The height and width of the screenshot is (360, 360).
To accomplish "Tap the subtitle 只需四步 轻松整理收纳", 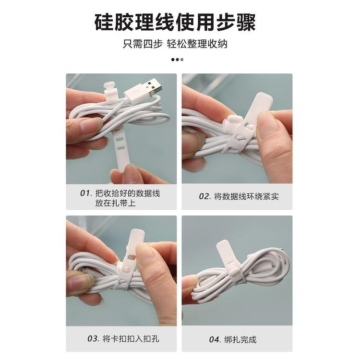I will click(x=180, y=45).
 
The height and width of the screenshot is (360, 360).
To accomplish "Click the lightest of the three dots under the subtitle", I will click(x=182, y=60).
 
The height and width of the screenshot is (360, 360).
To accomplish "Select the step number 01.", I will click(x=85, y=193).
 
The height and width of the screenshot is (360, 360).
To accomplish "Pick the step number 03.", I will click(x=93, y=338).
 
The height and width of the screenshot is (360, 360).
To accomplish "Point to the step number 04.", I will click(x=214, y=339).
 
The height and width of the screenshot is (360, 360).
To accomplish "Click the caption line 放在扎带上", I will click(x=115, y=203).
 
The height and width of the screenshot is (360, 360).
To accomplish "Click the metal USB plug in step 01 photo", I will click(x=149, y=89).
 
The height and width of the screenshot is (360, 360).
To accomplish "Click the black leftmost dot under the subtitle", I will click(x=173, y=60).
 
